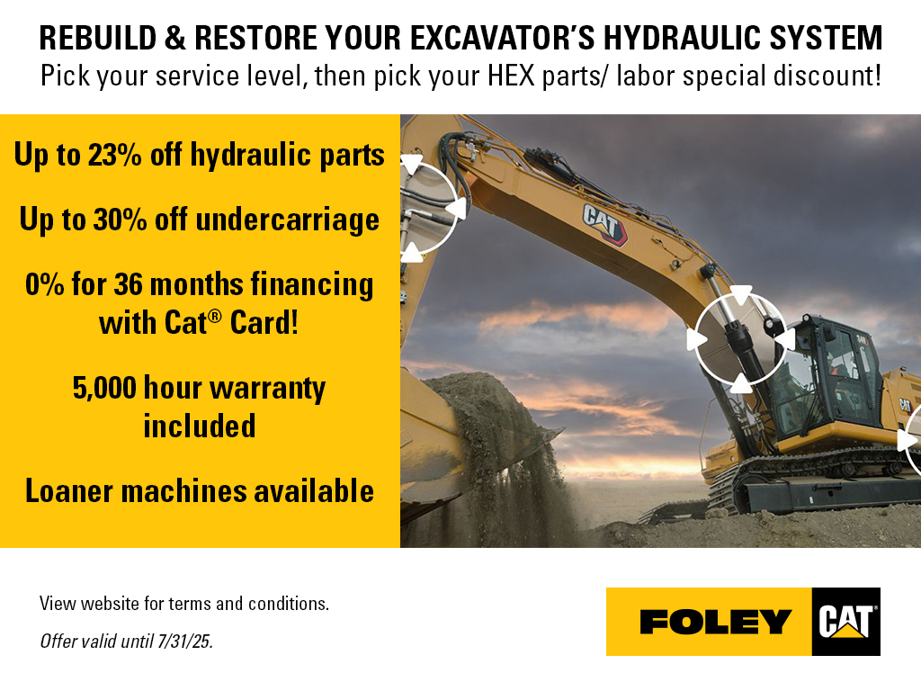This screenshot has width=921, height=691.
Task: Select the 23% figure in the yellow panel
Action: (114, 155)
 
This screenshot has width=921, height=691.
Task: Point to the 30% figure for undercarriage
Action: (120, 220)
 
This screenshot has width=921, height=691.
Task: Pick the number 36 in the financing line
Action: (128, 284)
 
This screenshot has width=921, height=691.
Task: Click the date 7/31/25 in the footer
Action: (183, 641)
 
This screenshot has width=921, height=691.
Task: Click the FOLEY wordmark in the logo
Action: (715, 622)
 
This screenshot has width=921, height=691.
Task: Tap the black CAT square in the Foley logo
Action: (845, 622)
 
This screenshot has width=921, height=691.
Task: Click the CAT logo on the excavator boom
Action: (604, 223)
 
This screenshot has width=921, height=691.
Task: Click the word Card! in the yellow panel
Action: (264, 323)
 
